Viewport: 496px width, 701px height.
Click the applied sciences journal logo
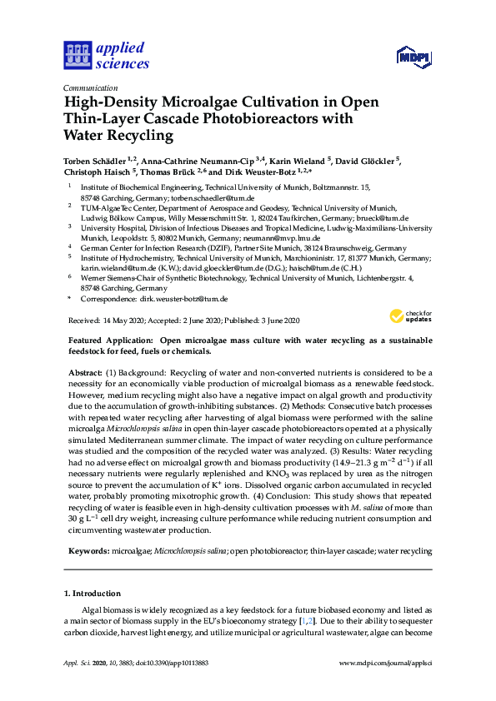106,55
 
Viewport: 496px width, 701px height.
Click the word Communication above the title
90,87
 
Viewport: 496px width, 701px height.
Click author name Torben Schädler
96,160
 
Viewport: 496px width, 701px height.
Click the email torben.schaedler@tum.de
212,199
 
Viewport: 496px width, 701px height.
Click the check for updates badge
410,316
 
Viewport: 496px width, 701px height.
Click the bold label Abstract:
84,372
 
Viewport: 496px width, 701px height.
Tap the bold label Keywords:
88,551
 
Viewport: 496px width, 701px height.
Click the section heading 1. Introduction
92,594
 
